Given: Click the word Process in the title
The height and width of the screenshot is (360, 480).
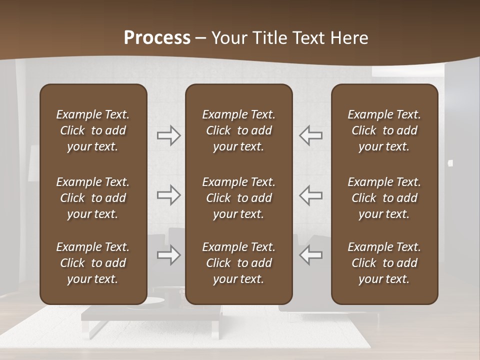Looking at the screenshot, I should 157,38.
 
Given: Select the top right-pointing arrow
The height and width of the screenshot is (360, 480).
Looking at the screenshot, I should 169,135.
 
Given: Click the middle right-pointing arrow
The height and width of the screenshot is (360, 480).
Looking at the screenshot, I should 169,195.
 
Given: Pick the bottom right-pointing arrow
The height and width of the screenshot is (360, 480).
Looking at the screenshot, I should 169,255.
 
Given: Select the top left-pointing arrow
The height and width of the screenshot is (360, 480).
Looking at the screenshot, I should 310,135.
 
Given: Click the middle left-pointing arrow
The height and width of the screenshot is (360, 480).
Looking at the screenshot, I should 310,195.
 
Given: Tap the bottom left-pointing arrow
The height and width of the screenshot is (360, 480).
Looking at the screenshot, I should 310,255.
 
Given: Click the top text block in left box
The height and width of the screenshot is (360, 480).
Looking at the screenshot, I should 93,130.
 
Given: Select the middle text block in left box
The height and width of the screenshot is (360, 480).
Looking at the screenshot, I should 93,198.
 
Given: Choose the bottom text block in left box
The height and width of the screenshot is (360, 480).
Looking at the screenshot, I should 93,263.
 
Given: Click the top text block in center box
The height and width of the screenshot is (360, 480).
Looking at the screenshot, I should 238,130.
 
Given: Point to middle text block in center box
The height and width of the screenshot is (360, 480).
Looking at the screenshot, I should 238,198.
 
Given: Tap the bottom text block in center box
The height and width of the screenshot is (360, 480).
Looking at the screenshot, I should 238,263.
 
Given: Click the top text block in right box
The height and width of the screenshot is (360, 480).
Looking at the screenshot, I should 384,130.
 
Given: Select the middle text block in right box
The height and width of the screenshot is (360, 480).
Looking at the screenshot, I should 384,198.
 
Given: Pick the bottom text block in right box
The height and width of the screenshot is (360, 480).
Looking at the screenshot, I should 384,263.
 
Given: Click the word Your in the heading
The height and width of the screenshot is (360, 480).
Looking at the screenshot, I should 229,38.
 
